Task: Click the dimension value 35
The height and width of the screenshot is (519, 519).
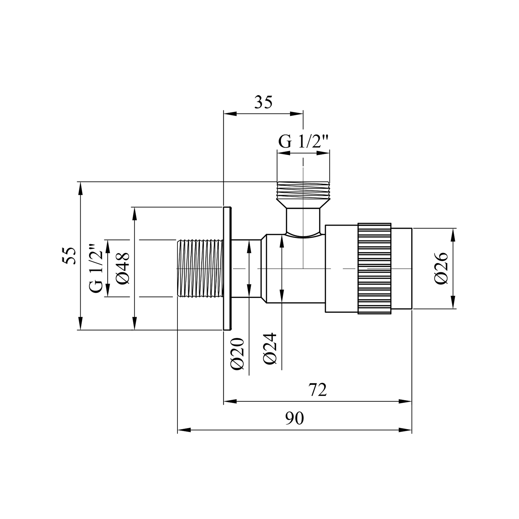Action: pos(264,102)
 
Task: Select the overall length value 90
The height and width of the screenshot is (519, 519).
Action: pos(294,419)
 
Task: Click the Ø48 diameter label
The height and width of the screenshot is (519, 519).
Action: pos(123,268)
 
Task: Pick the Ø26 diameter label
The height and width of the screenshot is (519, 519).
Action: pos(441,268)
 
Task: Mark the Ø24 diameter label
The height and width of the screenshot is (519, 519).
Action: pos(270,348)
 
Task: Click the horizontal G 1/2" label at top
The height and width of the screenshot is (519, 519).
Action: pos(303,143)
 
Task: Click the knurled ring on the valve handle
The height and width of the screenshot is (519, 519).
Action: pos(375,268)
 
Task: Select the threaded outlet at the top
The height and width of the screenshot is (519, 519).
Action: pos(303,190)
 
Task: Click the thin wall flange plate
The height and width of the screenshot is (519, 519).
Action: pos(227,268)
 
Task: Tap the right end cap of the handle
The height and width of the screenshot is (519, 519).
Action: pos(402,268)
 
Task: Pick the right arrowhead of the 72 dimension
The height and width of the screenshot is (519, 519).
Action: pos(405,402)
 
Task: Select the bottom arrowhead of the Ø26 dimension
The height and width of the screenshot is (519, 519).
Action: pos(453,302)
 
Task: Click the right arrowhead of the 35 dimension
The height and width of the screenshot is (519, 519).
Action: pos(297,113)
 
